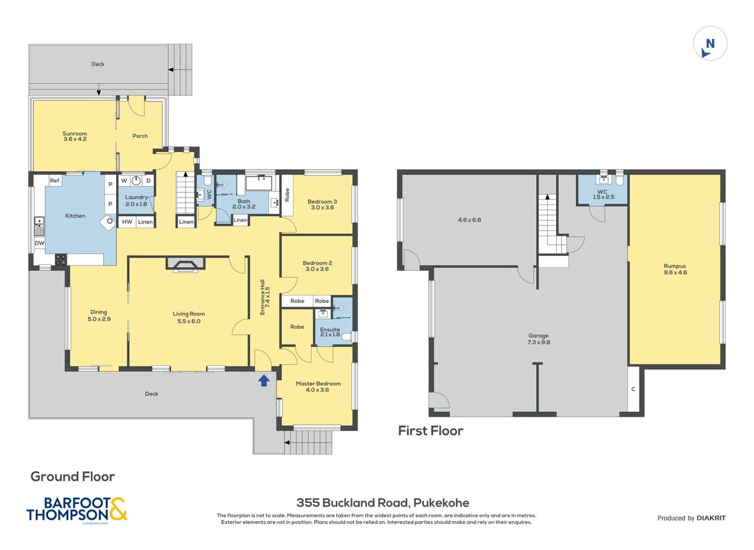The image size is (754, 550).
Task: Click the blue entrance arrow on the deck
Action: coord(263,381)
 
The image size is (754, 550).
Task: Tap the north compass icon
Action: coord(710,43)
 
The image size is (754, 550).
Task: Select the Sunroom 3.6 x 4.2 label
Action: coord(74,136)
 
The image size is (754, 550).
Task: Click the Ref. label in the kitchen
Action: coord(55,180)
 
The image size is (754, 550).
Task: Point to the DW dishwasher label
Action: coord(39,243)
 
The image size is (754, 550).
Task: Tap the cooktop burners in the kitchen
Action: coord(61,260)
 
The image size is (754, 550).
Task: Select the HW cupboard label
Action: coord(127,222)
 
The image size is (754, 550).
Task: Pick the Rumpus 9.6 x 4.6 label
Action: coord(675,269)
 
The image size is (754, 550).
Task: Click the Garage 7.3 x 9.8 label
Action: coord(539,339)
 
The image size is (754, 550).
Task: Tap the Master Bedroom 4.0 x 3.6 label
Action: coord(318,386)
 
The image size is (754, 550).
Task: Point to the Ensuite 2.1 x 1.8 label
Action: coord(330,332)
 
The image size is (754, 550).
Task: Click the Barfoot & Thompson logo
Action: coord(77,509)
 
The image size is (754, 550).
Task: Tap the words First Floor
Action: coord(430,430)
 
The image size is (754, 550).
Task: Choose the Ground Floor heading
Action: coord(73,476)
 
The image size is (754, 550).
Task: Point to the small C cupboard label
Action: coord(633,389)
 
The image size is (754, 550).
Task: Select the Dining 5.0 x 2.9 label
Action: coord(99,315)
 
